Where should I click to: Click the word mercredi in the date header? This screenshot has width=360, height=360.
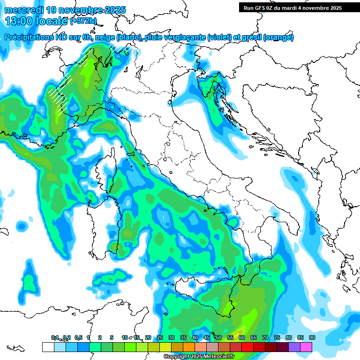point(22,10)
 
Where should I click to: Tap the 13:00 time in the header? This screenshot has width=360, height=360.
point(20,21)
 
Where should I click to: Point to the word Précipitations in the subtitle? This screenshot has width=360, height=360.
point(28,37)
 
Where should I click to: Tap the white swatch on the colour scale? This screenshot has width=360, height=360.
point(48,347)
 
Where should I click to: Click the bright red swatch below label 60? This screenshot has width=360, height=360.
point(247,347)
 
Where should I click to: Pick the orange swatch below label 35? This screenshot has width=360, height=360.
point(189,347)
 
